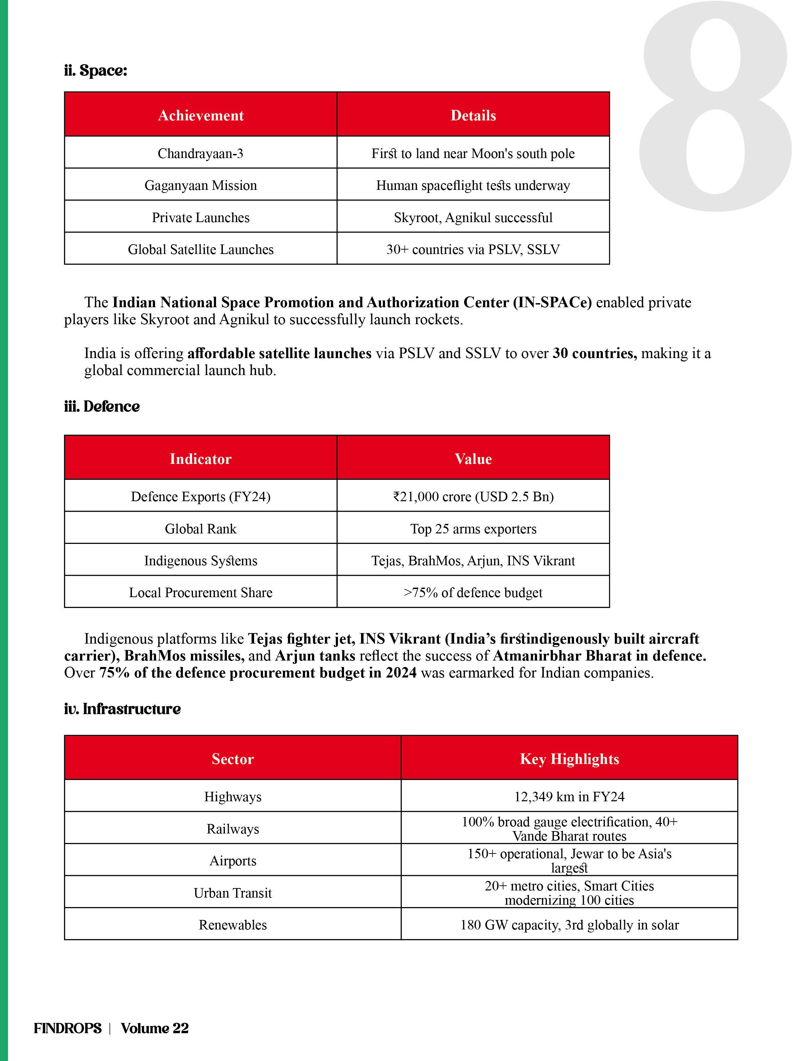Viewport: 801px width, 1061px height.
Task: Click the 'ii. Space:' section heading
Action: point(96,71)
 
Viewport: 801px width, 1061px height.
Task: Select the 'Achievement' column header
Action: point(201,115)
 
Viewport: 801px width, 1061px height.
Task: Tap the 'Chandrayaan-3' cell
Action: point(201,154)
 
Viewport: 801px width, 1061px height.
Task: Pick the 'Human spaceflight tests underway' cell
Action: point(473,185)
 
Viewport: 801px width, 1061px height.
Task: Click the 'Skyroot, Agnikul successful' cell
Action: point(473,217)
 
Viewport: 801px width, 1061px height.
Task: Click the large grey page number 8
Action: point(715,105)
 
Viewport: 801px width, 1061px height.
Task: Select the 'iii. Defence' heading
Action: point(102,406)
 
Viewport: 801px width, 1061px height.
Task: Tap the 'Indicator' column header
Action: point(201,458)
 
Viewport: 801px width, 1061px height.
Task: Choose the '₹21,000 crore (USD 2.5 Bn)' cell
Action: point(473,496)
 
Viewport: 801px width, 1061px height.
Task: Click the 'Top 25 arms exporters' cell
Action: point(473,529)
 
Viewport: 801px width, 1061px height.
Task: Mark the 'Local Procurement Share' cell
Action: point(201,592)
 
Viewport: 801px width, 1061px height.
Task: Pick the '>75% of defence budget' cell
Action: point(473,592)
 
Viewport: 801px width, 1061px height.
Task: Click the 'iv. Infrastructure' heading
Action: point(122,708)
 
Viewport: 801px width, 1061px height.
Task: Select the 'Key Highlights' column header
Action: point(569,759)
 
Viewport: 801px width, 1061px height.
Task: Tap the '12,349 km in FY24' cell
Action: point(569,797)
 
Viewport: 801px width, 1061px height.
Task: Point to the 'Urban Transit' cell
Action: point(233,892)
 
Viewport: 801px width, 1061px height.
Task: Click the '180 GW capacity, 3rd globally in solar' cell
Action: point(569,925)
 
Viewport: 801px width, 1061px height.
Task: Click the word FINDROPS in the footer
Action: point(68,1028)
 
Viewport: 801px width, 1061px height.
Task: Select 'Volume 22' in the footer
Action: point(155,1028)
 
